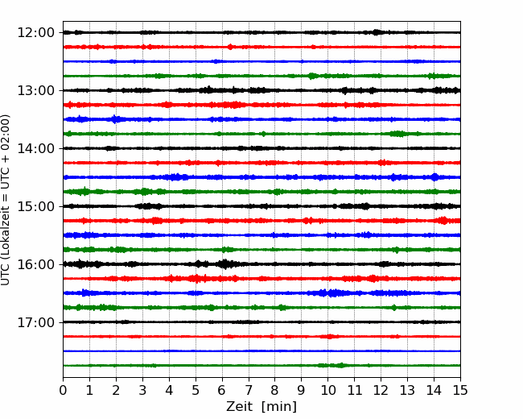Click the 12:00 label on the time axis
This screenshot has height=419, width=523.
coord(35,33)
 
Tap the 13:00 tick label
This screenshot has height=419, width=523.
coord(35,90)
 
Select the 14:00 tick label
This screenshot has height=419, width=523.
coord(35,148)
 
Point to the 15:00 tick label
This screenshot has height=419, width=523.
coord(35,206)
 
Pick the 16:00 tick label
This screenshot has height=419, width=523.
coord(35,264)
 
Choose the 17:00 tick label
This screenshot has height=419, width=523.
coord(35,322)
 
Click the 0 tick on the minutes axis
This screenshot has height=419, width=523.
coord(63,390)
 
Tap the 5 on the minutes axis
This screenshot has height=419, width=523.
coord(196,390)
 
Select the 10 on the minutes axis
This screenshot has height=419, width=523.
coord(327,390)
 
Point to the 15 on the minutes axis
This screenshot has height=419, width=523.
coord(460,390)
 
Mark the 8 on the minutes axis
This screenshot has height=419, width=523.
coord(275,390)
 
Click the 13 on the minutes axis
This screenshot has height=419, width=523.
coord(407,390)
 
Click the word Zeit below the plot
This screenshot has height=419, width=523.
coord(239,407)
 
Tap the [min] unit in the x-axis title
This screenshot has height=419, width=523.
coord(279,407)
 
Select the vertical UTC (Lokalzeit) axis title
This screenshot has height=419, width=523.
coord(6,200)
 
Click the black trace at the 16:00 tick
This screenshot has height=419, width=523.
coord(261,264)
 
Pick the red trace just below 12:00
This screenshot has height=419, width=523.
coord(261,47)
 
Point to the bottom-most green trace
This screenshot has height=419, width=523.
coord(261,366)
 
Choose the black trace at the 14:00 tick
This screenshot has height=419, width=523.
coord(261,148)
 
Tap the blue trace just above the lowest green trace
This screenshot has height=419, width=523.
coord(261,351)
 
